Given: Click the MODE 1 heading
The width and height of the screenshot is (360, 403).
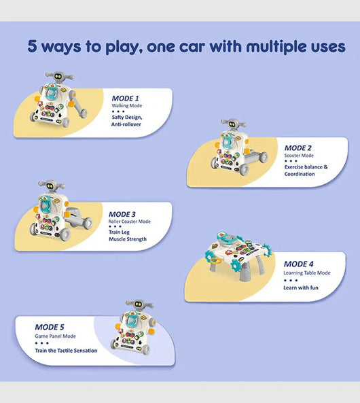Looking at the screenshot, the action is [125, 98].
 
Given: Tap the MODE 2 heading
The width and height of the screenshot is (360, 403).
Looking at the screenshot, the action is [298, 148].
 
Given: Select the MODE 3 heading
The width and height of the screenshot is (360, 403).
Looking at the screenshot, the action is [122, 214].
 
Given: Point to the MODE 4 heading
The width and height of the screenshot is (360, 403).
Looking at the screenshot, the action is [299, 264].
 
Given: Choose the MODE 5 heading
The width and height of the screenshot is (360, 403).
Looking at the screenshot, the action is [50, 327].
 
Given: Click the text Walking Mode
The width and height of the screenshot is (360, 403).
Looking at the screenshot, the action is [127, 105].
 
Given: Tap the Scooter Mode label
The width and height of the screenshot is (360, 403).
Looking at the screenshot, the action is [299, 156].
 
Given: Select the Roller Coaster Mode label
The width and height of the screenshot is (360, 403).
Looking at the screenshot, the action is [130, 222].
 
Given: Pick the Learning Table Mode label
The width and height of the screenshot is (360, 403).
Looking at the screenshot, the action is [307, 273].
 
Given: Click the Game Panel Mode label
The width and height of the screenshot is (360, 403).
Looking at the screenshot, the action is [55, 336].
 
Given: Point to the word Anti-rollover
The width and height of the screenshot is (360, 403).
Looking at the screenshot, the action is [126, 124].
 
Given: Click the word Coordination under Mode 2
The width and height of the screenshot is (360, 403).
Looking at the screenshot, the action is [300, 174].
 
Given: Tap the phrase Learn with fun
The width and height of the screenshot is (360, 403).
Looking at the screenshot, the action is [301, 287].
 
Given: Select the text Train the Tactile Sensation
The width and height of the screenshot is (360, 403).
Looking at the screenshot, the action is [66, 351].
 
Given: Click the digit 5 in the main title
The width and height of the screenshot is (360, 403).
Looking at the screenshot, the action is [32, 46].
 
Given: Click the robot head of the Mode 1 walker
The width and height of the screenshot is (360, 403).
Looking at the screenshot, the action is [59, 76].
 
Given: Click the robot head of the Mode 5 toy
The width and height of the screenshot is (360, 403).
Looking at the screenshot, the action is [139, 304].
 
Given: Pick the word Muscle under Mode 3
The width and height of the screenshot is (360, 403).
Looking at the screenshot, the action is [118, 239].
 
